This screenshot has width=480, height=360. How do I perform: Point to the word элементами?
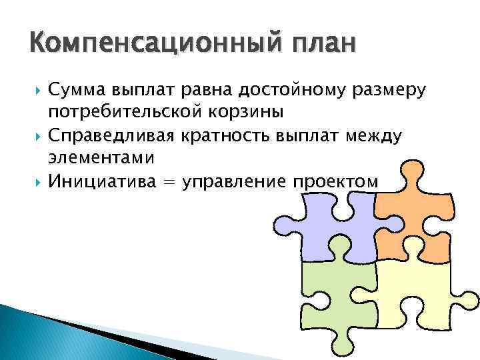[x=101, y=158]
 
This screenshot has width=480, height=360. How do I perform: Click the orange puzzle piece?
[x=413, y=220]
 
